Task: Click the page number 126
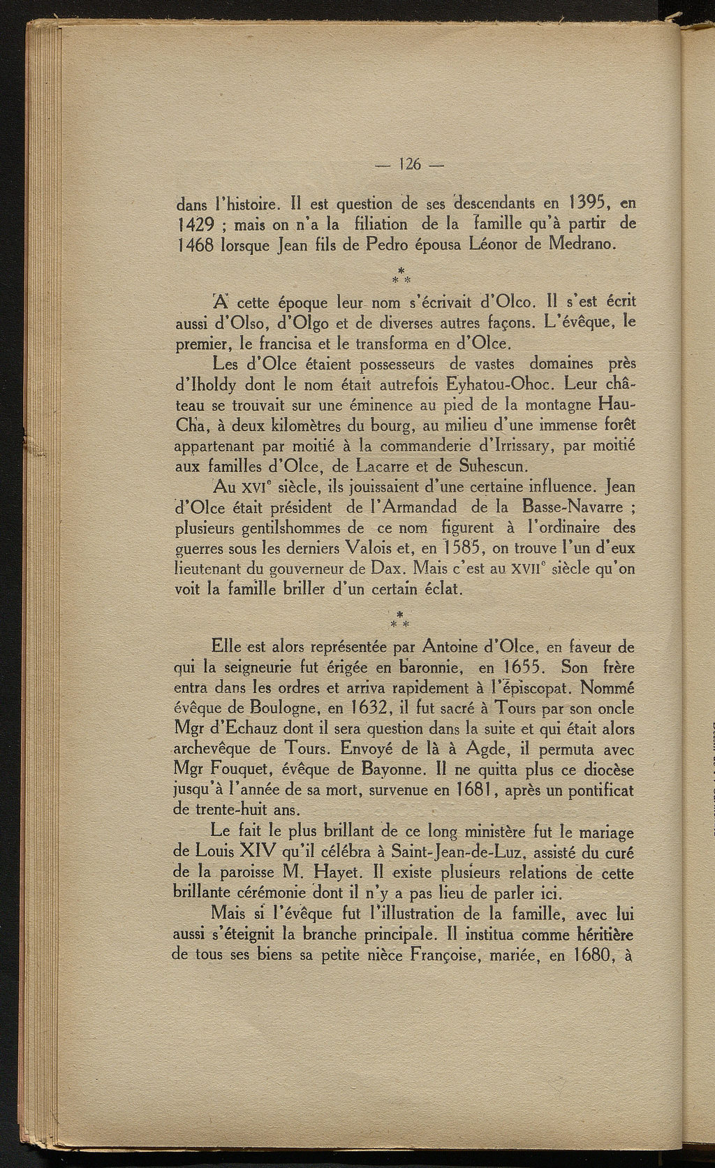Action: click(409, 165)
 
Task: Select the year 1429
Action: click(193, 226)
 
